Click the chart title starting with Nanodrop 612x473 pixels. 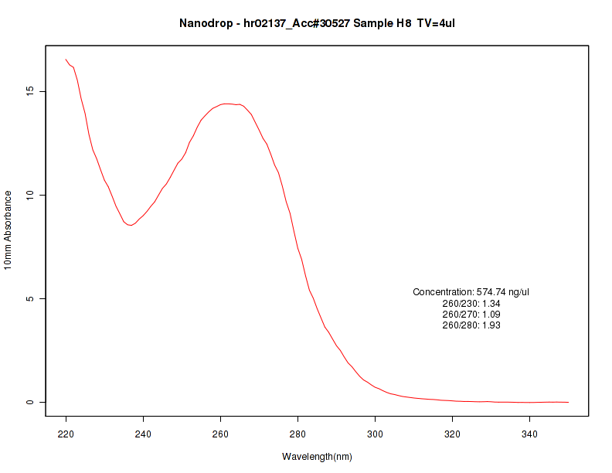(x=317, y=23)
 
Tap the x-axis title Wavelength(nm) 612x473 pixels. (x=317, y=457)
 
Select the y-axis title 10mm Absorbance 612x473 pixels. (x=8, y=230)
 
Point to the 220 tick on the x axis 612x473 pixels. (x=66, y=433)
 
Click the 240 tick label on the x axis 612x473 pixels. (x=144, y=433)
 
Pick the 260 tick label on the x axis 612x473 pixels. (x=221, y=433)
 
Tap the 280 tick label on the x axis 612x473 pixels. (x=298, y=433)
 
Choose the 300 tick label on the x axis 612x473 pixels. (x=376, y=433)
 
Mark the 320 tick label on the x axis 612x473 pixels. (x=453, y=433)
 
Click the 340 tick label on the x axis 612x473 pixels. (x=530, y=433)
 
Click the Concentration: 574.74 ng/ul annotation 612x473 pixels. (x=471, y=292)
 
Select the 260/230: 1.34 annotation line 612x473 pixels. (x=471, y=304)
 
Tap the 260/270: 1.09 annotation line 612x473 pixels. (x=471, y=315)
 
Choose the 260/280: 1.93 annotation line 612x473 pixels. (x=471, y=325)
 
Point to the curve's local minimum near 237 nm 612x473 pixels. (x=131, y=225)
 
